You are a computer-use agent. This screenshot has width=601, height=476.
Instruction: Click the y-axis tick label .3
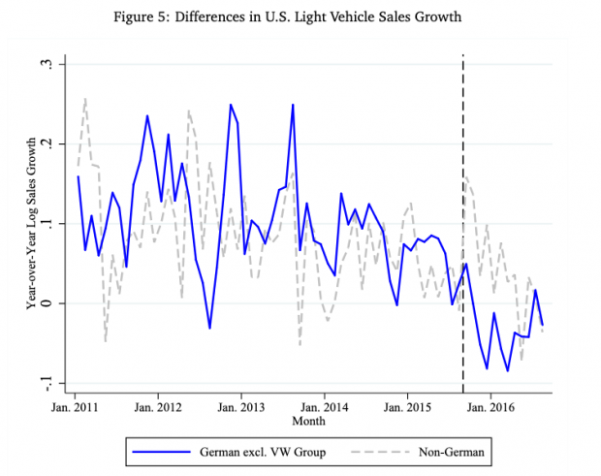coord(45,64)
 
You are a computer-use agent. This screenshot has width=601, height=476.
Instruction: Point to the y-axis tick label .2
coord(45,143)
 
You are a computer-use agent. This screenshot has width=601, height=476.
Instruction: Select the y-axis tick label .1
coord(45,223)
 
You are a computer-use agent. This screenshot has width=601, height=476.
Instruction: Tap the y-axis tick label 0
coord(45,302)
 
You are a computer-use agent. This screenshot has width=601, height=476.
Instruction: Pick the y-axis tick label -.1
coord(45,382)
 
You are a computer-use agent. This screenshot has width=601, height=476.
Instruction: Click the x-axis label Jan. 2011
coord(76,409)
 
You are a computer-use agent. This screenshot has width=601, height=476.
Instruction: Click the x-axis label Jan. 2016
coord(491,409)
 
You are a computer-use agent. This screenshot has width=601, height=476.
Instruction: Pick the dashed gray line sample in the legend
coord(386,451)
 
